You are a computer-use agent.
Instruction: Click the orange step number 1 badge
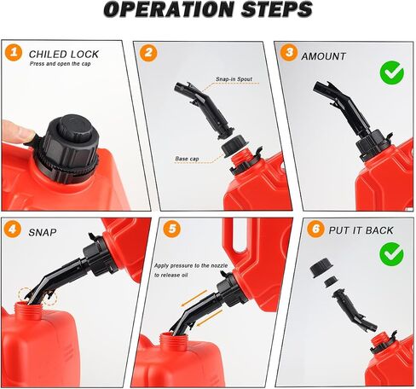[14, 53]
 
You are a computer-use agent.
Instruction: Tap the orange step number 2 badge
[148, 53]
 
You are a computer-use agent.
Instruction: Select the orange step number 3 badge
[289, 53]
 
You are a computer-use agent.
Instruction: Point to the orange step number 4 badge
[13, 229]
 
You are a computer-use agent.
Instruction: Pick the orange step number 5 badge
[172, 229]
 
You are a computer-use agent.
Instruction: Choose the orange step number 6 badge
[315, 229]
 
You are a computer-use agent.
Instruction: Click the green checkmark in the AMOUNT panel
[392, 73]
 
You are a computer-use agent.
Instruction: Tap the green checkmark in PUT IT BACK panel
[392, 254]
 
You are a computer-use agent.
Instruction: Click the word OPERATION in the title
[168, 9]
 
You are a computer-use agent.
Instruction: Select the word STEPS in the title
[276, 9]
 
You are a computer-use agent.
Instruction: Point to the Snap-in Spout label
[234, 79]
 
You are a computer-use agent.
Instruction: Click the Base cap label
[187, 159]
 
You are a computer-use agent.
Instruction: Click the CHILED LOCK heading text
[64, 54]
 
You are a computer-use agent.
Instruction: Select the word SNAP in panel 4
[43, 233]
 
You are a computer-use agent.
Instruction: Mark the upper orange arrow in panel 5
[194, 299]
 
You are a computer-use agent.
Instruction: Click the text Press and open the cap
[61, 64]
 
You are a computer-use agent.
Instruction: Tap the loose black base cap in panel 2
[234, 145]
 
